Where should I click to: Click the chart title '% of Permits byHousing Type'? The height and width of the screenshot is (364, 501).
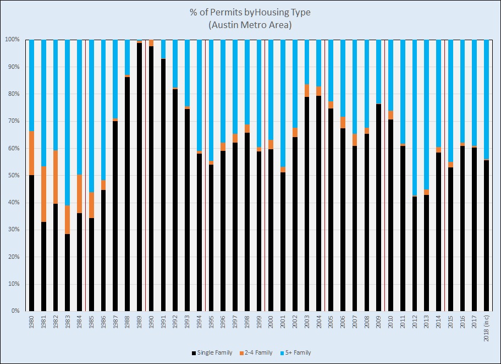tap(250, 13)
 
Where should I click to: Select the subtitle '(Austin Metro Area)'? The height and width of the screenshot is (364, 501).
tap(250, 25)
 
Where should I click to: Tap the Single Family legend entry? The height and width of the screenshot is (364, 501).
tap(212, 352)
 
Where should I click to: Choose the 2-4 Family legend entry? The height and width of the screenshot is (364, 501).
tap(256, 352)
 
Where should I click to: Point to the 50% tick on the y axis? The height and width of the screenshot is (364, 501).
tap(12, 176)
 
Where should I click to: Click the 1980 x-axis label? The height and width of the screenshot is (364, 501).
tap(31, 323)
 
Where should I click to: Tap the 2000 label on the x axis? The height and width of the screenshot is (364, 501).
tap(271, 323)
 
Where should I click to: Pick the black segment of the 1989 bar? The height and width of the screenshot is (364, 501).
tap(139, 176)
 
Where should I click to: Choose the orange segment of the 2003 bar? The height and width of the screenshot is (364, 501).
tap(307, 90)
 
